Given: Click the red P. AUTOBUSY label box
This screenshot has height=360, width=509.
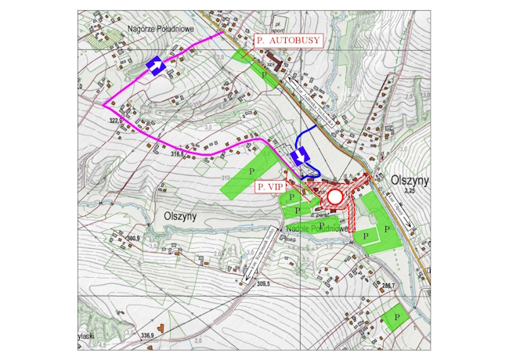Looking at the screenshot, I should tap(287, 38).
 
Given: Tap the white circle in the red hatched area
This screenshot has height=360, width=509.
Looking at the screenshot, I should tap(336, 196).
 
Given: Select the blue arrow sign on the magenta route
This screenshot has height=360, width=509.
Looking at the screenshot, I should tap(155, 67).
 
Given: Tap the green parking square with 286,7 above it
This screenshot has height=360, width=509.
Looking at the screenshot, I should tap(398, 317).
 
